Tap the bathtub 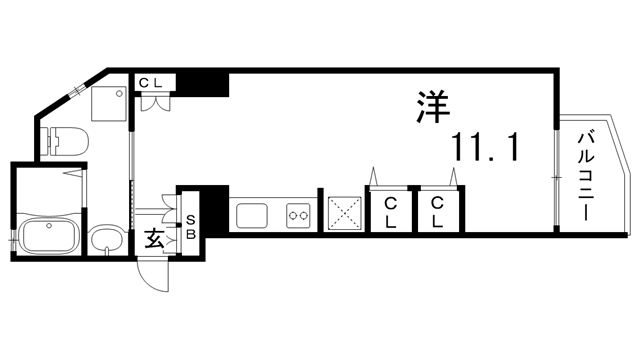(x=50, y=239)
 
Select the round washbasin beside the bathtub (x=104, y=240)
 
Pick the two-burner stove (x=298, y=214)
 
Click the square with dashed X (x=344, y=212)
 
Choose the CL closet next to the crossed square (x=390, y=211)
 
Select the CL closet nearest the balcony (x=437, y=211)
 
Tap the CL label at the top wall (x=151, y=82)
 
